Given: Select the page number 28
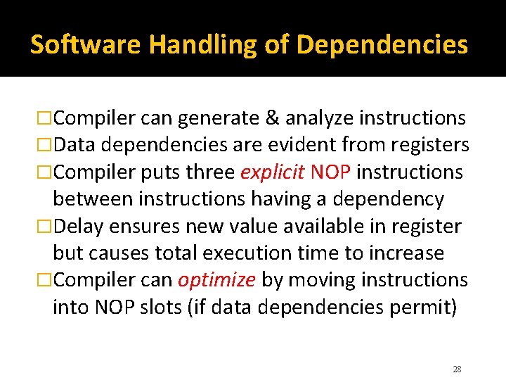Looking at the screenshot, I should (x=457, y=369).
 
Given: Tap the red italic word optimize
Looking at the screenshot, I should (x=216, y=280).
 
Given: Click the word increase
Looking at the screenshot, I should (x=407, y=253).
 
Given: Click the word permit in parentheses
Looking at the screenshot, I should (x=417, y=308).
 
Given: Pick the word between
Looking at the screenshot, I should (x=93, y=199).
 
